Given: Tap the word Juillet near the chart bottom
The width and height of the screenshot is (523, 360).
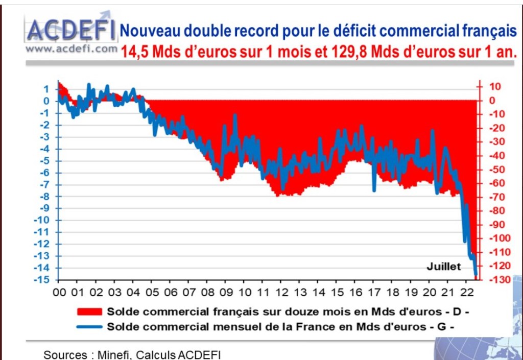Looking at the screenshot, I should coord(443,266).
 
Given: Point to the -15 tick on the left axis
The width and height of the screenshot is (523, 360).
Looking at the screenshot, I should coord(42,280).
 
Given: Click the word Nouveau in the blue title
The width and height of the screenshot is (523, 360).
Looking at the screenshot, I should coord(145,31).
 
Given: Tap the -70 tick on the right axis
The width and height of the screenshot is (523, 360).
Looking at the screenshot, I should coord(498,197).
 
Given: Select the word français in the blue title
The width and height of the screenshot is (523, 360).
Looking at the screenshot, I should coord(486,31).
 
